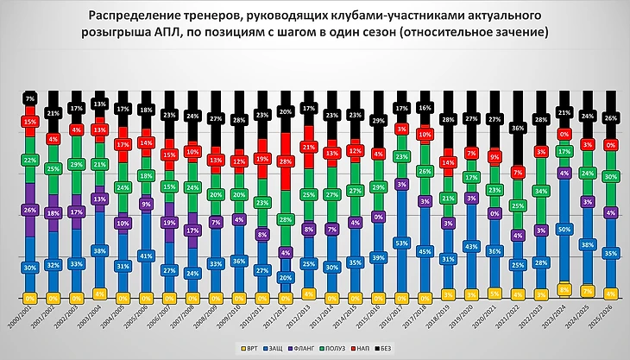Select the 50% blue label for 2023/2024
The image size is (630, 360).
tap(564, 230)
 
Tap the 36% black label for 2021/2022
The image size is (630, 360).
tap(517, 129)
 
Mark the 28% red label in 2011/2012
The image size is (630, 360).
tap(284, 162)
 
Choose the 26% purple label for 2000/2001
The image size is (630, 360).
tap(28, 210)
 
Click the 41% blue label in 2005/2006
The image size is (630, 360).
tap(145, 256)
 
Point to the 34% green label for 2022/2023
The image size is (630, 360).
tap(540, 191)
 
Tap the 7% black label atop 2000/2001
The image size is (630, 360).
tap(28, 98)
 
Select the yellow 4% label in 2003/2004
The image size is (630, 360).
tap(98, 294)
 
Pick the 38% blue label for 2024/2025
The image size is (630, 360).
tap(587, 244)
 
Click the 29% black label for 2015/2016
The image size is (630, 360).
tap(377, 122)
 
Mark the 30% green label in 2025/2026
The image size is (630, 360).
tap(610, 177)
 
